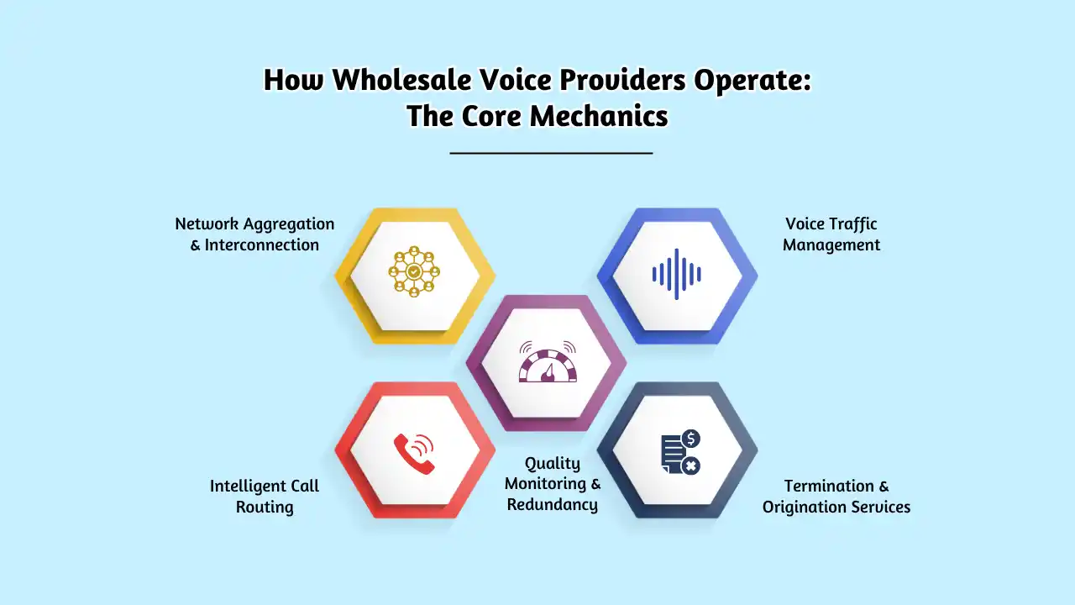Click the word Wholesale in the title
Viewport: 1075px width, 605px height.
point(394,80)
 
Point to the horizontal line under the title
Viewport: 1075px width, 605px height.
point(551,153)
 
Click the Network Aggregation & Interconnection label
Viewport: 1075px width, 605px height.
point(254,234)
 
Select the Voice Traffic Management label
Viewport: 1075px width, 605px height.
point(831,234)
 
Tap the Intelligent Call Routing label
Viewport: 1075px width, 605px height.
point(265,497)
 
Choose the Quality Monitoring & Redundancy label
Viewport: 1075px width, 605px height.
point(553,484)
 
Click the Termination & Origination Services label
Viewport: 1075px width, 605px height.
point(836,497)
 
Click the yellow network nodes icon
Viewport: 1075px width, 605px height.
point(414,271)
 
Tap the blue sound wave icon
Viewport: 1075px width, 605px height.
point(677,274)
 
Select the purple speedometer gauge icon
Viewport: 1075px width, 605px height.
point(547,362)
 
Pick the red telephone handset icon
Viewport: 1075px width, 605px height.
point(414,454)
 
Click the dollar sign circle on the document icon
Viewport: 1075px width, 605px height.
point(691,439)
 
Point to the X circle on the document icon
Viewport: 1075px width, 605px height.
point(691,465)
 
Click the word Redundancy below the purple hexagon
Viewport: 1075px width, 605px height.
point(553,505)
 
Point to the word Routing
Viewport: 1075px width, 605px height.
point(265,508)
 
